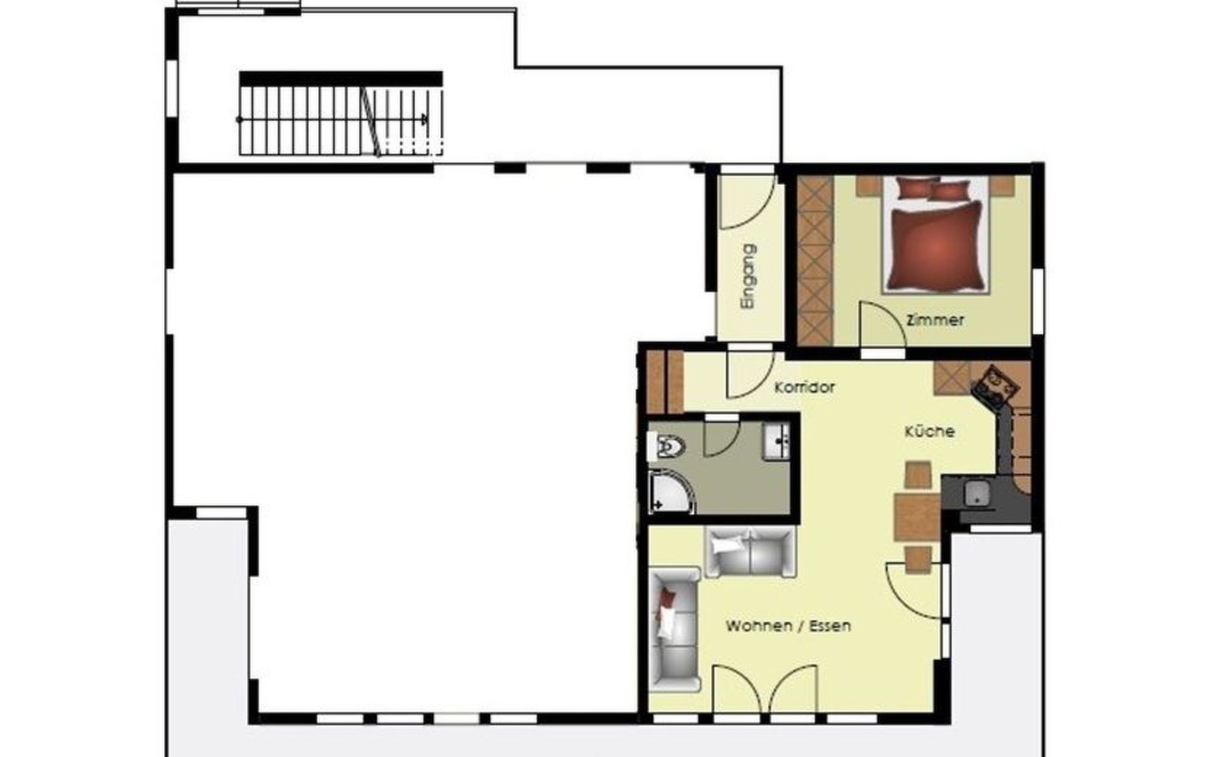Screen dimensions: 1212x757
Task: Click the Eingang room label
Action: coord(749,277)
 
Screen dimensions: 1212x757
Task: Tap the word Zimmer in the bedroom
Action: coord(935,320)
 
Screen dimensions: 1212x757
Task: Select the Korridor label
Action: coord(805,387)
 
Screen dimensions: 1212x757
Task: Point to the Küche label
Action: coord(930,431)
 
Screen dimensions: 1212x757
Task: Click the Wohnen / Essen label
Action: coord(788,626)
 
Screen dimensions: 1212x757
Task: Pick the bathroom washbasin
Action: coord(775,441)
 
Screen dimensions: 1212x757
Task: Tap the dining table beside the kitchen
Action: coord(917,518)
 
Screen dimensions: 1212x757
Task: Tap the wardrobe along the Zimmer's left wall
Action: coord(814,261)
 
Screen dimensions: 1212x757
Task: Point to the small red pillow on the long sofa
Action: coord(668,597)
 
